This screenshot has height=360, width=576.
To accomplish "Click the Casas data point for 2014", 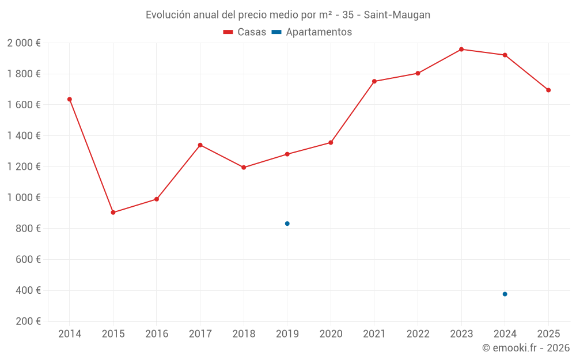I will [70, 99].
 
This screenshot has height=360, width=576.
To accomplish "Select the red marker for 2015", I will [113, 213].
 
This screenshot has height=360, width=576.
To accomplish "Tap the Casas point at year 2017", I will [200, 145].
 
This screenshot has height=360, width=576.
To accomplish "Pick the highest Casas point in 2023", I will [461, 50].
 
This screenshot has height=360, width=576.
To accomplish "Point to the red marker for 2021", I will [374, 81].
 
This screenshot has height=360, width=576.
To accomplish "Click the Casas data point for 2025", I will [548, 90].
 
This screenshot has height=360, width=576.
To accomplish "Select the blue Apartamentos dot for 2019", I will [287, 223].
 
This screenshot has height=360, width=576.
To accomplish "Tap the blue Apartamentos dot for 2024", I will [505, 294].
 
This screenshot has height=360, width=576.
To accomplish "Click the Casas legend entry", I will [245, 32].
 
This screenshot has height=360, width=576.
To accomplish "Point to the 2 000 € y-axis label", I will [24, 43].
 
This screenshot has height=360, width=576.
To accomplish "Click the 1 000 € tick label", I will [24, 198].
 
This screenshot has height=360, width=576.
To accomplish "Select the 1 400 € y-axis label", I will [24, 136].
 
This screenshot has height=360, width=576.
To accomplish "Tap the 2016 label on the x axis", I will [157, 334].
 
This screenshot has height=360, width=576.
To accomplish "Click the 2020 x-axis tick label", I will [331, 334].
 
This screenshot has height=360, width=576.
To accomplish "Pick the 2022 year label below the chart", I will [418, 334].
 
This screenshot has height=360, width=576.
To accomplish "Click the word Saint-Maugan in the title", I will [397, 15].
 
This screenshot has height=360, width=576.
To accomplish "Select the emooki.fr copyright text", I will [526, 348].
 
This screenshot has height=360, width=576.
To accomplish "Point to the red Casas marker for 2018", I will [244, 168].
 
